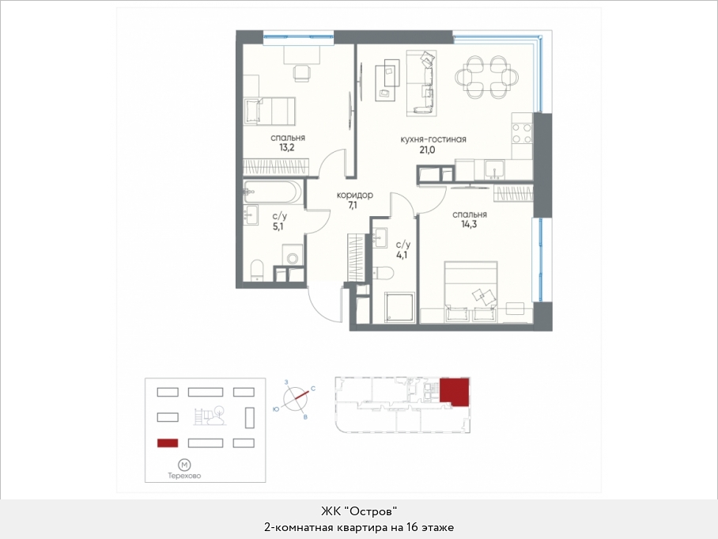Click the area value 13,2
287,147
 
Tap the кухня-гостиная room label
433,139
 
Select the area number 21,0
427,150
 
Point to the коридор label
355,195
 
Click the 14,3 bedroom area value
470,225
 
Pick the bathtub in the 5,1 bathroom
273,192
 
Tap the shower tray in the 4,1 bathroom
399,306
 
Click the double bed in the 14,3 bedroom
470,292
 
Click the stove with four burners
522,134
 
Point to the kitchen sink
494,169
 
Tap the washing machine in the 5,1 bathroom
292,255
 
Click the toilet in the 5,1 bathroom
257,269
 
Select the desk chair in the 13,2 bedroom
301,74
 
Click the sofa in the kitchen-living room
421,82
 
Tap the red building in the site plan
168,443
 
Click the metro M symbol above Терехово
184,465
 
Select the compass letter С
313,389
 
